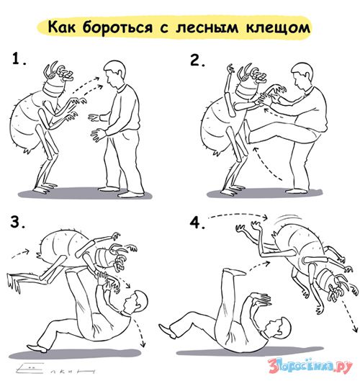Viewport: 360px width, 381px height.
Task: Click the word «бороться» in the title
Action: pos(118,27)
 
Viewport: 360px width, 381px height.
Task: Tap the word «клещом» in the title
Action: pos(279,27)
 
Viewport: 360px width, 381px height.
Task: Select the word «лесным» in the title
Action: pos(207,28)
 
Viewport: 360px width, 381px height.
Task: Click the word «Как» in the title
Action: pos(62,27)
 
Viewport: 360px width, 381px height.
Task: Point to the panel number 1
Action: pos(19,59)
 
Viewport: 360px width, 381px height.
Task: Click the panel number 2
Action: pos(197,60)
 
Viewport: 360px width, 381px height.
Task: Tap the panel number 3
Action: pos(17,222)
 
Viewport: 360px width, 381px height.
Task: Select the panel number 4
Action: pos(197,223)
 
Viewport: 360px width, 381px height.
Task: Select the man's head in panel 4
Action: pos(277,328)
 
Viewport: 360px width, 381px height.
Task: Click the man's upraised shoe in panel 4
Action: pos(234,272)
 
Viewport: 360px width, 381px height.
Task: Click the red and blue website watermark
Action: pos(310,365)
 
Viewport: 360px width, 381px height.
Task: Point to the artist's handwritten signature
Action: pos(55,368)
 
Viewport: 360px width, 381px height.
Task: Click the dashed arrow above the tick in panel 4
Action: pos(239,215)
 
